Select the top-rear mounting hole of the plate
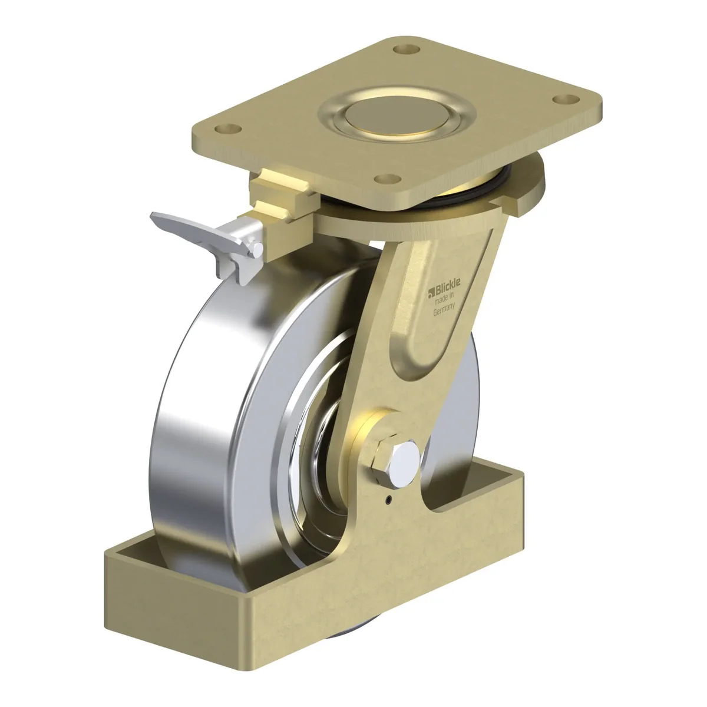tap(406, 49)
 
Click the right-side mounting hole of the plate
tap(566, 100)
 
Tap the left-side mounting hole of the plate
tap(228, 129)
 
